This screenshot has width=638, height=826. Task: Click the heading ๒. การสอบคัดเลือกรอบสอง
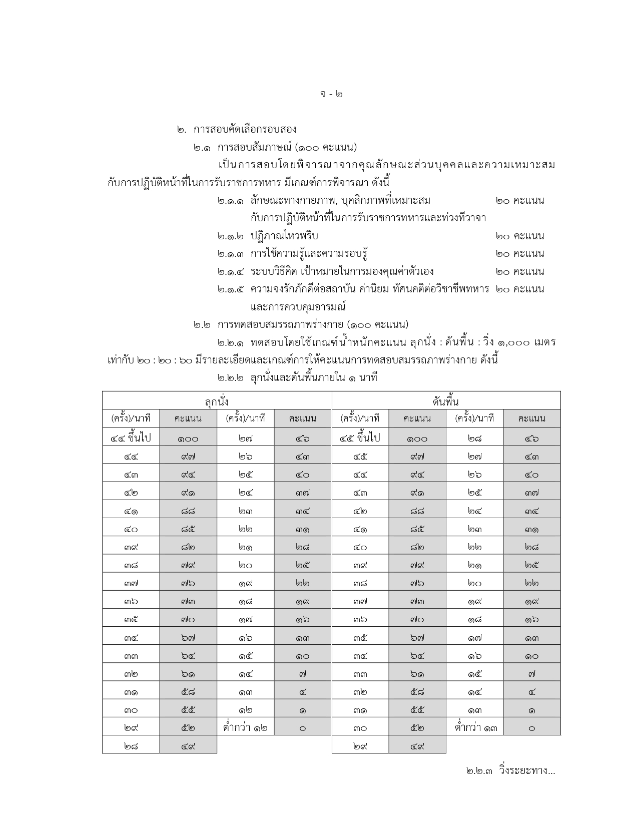pos(237,129)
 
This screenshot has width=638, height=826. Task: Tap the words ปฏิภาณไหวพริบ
pos(284,236)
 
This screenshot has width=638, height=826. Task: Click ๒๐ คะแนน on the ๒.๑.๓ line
pos(520,253)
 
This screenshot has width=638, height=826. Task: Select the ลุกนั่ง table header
pos(217,401)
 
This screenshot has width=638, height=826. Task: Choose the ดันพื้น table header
pos(445,401)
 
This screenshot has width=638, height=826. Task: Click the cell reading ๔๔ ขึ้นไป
pos(131,438)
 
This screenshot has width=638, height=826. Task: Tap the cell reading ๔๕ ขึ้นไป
pos(360,438)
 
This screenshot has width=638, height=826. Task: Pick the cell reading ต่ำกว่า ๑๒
pos(245,727)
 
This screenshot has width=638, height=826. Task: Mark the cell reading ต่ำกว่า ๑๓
pos(474,727)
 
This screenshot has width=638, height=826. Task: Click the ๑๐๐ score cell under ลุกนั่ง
pos(188,439)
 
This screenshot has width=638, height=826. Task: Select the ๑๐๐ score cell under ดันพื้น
pos(417,439)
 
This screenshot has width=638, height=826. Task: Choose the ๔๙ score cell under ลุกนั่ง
pos(188,746)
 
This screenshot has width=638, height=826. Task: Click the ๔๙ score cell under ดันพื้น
pos(417,746)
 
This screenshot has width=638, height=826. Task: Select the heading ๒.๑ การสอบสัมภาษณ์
pos(275,147)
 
